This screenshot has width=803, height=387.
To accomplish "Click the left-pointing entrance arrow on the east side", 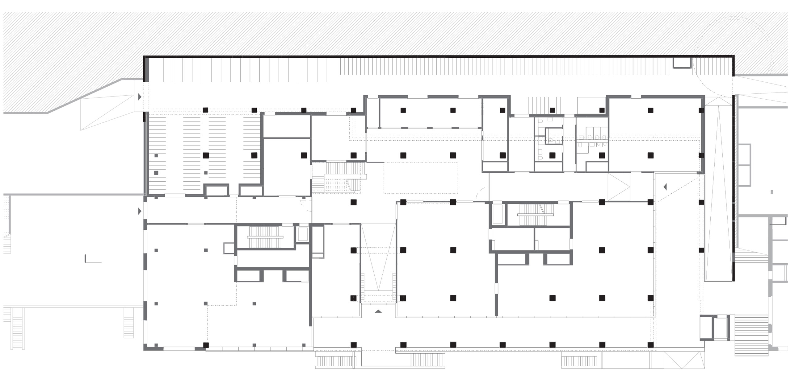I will (665, 187).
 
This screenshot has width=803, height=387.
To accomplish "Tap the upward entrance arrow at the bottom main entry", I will (378, 311).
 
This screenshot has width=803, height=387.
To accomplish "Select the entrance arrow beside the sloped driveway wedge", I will (140, 97).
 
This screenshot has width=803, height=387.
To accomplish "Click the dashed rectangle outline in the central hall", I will (421, 178).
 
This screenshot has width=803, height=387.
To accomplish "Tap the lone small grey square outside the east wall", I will (772, 192).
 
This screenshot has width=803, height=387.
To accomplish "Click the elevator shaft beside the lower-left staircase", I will (302, 234).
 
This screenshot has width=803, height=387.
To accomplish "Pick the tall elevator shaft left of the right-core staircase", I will (498, 214).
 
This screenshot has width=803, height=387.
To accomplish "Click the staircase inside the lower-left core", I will (265, 237).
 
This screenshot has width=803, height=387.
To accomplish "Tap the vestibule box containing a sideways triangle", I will (619, 187).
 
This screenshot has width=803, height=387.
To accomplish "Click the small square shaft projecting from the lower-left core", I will (228, 248).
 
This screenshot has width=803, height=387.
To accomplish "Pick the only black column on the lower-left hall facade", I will (206, 345).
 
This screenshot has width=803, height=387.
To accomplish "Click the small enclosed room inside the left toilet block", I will (554, 136).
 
